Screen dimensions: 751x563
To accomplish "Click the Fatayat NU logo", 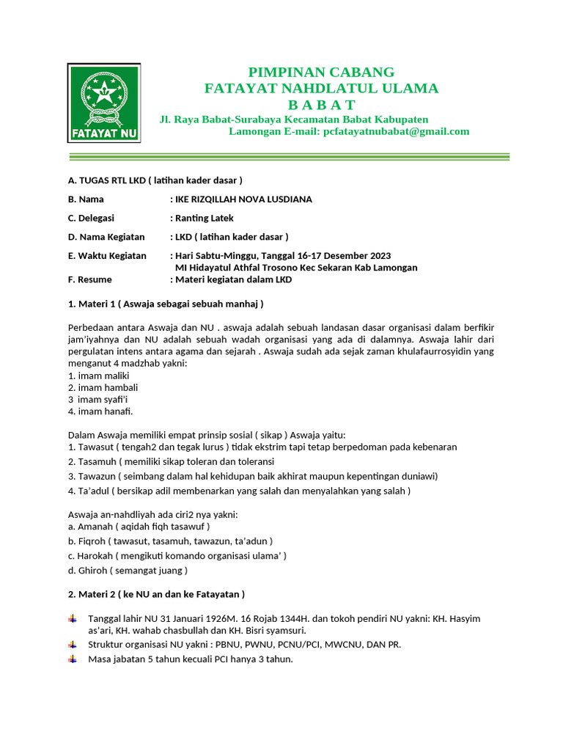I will click(104, 103).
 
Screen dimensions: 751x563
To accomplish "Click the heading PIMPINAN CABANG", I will click(321, 72).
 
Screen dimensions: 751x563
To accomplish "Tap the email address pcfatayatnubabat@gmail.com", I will click(396, 131).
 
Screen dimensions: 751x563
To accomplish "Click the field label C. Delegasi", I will click(91, 218).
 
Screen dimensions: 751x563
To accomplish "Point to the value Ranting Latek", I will click(205, 218).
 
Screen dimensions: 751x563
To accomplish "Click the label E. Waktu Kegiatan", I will click(107, 255).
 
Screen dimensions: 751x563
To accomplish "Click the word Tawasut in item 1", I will click(95, 447).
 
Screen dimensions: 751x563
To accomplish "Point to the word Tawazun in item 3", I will click(95, 476).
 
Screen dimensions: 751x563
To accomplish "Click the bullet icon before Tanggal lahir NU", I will click(72, 618).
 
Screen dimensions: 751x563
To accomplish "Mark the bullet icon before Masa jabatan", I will click(72, 659).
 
